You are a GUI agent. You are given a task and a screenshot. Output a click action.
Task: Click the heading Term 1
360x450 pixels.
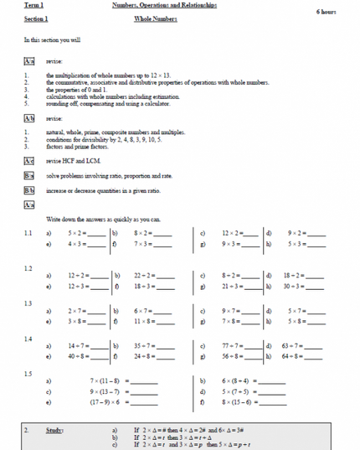click(33, 5)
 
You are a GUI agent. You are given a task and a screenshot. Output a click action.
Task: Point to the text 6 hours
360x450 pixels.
click(327, 13)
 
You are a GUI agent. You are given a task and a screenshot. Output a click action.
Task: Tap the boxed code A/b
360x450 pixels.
click(29, 120)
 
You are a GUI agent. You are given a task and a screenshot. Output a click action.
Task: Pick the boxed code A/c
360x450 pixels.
click(29, 161)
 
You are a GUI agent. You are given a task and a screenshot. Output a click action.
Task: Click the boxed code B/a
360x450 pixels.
click(29, 176)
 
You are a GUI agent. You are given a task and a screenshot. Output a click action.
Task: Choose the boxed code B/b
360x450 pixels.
click(29, 190)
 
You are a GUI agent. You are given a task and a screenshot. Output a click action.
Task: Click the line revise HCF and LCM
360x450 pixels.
click(82, 161)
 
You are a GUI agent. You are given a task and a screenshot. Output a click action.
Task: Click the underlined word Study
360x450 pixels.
click(54, 430)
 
